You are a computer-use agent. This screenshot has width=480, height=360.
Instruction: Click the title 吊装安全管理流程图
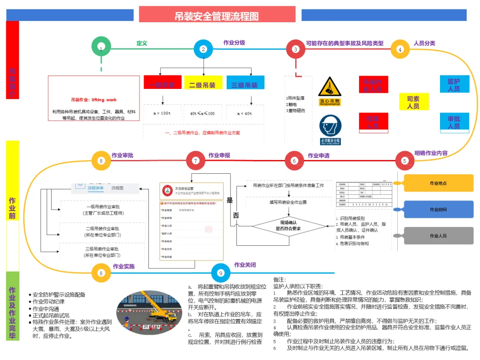[217, 16]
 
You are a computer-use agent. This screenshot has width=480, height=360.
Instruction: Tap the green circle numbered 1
[101, 48]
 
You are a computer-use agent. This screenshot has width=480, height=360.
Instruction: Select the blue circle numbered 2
[203, 49]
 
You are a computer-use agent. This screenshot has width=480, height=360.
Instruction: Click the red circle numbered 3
[296, 49]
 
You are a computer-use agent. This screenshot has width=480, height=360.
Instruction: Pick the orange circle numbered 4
[400, 49]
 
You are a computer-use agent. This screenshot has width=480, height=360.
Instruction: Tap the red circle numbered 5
[404, 161]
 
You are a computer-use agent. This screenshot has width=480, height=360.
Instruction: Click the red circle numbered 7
[196, 161]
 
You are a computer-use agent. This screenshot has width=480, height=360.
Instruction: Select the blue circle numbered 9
[220, 272]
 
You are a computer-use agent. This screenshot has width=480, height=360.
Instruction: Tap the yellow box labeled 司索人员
[413, 102]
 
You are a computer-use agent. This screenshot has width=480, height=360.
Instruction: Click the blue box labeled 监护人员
[454, 84]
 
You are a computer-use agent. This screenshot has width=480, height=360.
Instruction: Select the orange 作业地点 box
[438, 183]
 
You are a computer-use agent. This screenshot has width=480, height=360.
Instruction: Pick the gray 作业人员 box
[438, 236]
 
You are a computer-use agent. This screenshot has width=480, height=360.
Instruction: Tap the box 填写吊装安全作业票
[288, 202]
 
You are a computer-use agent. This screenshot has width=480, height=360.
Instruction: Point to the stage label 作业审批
[122, 156]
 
